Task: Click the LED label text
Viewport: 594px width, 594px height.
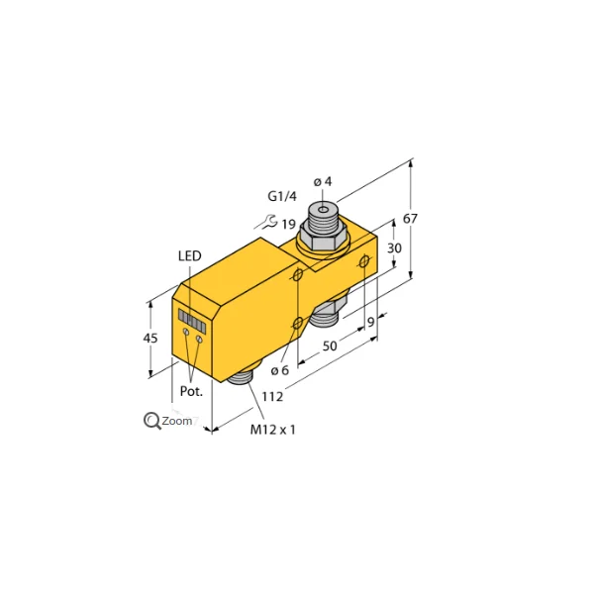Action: pyautogui.click(x=189, y=257)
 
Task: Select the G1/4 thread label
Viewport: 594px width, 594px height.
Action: pyautogui.click(x=283, y=195)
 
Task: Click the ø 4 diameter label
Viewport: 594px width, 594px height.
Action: pyautogui.click(x=323, y=181)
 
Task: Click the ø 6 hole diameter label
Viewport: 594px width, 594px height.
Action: pyautogui.click(x=279, y=370)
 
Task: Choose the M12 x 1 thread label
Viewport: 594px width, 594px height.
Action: pyautogui.click(x=273, y=430)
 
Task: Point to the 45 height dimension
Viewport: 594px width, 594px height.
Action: pyautogui.click(x=151, y=339)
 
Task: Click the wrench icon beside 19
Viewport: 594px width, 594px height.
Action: pyautogui.click(x=262, y=223)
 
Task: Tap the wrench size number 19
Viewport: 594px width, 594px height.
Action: pyautogui.click(x=288, y=225)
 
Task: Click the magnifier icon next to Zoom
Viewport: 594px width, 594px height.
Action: pyautogui.click(x=152, y=421)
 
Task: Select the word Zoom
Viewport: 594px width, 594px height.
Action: pyautogui.click(x=177, y=421)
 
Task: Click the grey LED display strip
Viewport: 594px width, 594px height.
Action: pyautogui.click(x=193, y=321)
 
